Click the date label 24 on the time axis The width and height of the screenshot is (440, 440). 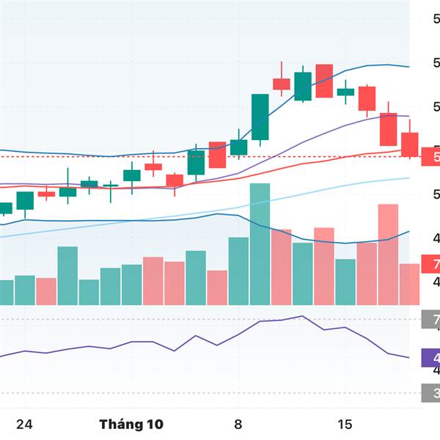pyautogui.click(x=25, y=425)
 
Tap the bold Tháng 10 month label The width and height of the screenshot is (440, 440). pyautogui.click(x=131, y=425)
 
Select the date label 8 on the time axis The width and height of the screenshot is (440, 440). pyautogui.click(x=238, y=425)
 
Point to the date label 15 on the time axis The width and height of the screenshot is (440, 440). pyautogui.click(x=345, y=425)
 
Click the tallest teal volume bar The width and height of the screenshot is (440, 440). pyautogui.click(x=260, y=244)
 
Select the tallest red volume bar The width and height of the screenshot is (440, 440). pyautogui.click(x=388, y=254)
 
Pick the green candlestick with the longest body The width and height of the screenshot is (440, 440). pyautogui.click(x=260, y=117)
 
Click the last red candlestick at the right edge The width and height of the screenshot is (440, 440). pyautogui.click(x=409, y=143)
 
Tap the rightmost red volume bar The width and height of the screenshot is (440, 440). pyautogui.click(x=409, y=285)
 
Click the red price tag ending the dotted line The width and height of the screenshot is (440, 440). pyautogui.click(x=430, y=156)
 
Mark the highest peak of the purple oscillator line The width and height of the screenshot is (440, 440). pyautogui.click(x=301, y=316)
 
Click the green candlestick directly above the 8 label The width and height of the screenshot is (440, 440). pyautogui.click(x=238, y=147)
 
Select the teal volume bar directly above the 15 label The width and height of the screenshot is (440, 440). pyautogui.click(x=345, y=282)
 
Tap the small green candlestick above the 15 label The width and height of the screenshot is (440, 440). pyautogui.click(x=345, y=92)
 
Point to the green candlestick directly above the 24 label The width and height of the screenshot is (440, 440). pyautogui.click(x=25, y=200)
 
